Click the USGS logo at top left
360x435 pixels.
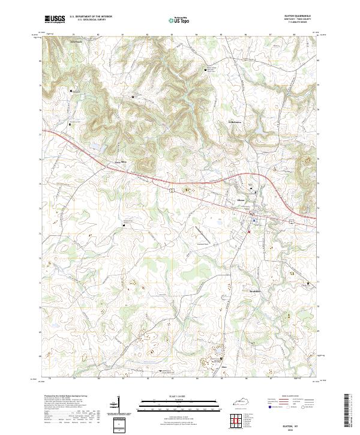coord(55,19)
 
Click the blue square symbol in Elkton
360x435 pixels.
coord(254,221)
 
